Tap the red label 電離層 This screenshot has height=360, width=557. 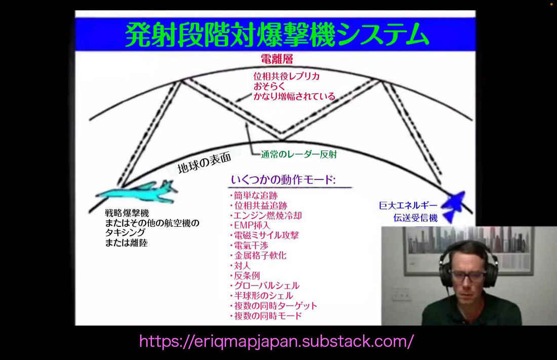pos(277,59)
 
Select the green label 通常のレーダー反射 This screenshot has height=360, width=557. pos(299,154)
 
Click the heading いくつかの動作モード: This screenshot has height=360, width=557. pos(283,180)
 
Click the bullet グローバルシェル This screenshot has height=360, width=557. pos(266,286)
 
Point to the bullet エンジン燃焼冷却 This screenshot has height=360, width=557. pos(267,216)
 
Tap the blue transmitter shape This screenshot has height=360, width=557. pos(453,205)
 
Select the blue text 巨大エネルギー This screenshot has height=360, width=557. pos(408,206)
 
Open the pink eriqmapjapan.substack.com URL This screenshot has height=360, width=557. pos(276,341)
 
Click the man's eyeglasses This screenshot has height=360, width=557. pos(468,276)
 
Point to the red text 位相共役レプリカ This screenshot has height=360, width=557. pos(287,76)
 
